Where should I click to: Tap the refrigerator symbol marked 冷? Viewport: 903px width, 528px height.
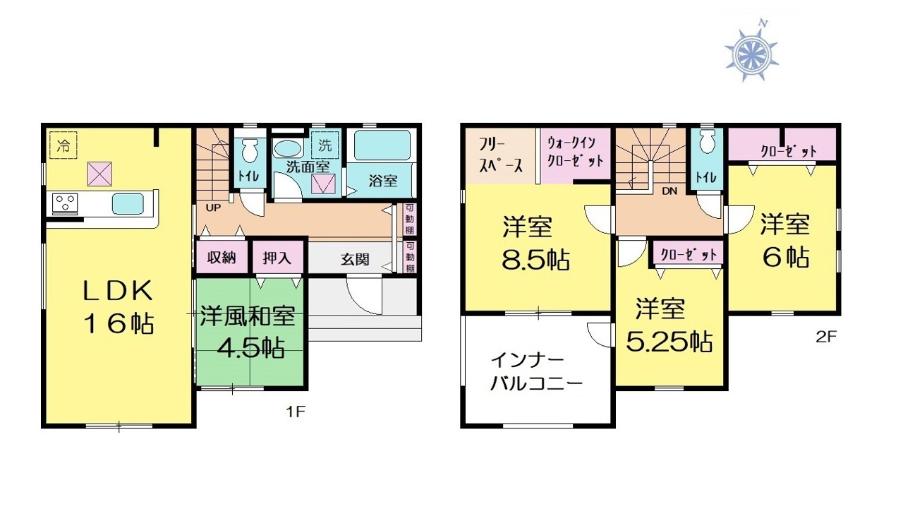pyautogui.click(x=63, y=145)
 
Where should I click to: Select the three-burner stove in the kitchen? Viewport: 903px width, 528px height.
pyautogui.click(x=65, y=203)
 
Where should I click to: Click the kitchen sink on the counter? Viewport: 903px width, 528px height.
pyautogui.click(x=128, y=204)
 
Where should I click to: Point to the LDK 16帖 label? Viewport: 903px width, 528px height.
pyautogui.click(x=118, y=306)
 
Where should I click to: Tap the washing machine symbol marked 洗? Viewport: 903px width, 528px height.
pyautogui.click(x=325, y=145)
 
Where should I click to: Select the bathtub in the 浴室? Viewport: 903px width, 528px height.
pyautogui.click(x=382, y=145)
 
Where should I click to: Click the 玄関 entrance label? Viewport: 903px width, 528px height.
pyautogui.click(x=355, y=259)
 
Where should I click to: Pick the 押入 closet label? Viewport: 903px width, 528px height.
pyautogui.click(x=277, y=258)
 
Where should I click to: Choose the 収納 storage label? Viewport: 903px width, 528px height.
pyautogui.click(x=222, y=258)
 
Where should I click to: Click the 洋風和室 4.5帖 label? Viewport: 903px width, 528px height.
pyautogui.click(x=248, y=332)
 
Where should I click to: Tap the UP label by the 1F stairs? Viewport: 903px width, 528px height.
pyautogui.click(x=213, y=208)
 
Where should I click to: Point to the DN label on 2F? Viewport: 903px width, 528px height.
pyautogui.click(x=670, y=191)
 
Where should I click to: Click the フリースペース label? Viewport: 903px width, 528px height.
pyautogui.click(x=500, y=155)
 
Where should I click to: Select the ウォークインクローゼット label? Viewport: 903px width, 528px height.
pyautogui.click(x=575, y=152)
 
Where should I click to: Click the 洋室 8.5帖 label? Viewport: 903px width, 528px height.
pyautogui.click(x=535, y=243)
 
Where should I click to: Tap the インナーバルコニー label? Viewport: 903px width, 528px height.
pyautogui.click(x=537, y=372)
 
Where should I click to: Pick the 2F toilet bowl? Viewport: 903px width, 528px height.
pyautogui.click(x=707, y=142)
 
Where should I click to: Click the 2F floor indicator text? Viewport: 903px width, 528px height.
pyautogui.click(x=826, y=337)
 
